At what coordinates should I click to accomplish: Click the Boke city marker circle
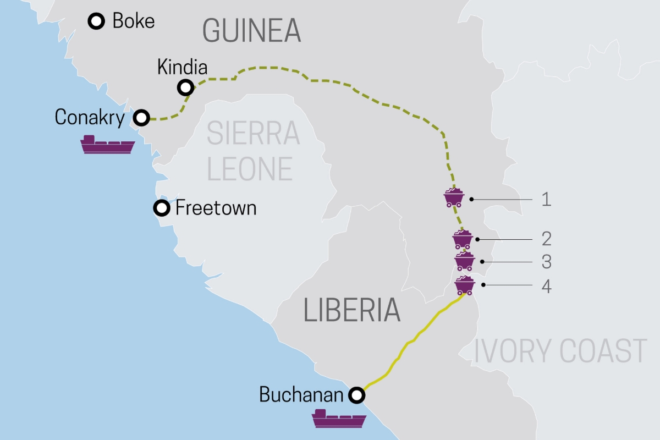click(x=97, y=21)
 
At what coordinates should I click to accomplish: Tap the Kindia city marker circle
click(x=186, y=87)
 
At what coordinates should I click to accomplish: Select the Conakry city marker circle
click(x=142, y=117)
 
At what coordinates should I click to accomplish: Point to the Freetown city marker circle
click(x=162, y=208)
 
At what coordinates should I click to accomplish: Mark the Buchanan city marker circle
click(x=358, y=395)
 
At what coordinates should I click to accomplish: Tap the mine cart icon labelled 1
click(x=454, y=197)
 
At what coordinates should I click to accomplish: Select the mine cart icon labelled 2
click(x=463, y=239)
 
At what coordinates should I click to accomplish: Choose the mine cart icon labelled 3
click(x=464, y=261)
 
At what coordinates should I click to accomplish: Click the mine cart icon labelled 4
click(x=465, y=285)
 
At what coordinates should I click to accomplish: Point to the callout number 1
click(x=546, y=199)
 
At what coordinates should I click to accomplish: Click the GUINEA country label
click(x=252, y=30)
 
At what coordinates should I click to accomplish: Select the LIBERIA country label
click(x=352, y=310)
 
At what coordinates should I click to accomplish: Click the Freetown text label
click(x=216, y=208)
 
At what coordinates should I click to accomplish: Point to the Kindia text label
click(x=182, y=68)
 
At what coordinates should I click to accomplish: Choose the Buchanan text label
click(x=302, y=395)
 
